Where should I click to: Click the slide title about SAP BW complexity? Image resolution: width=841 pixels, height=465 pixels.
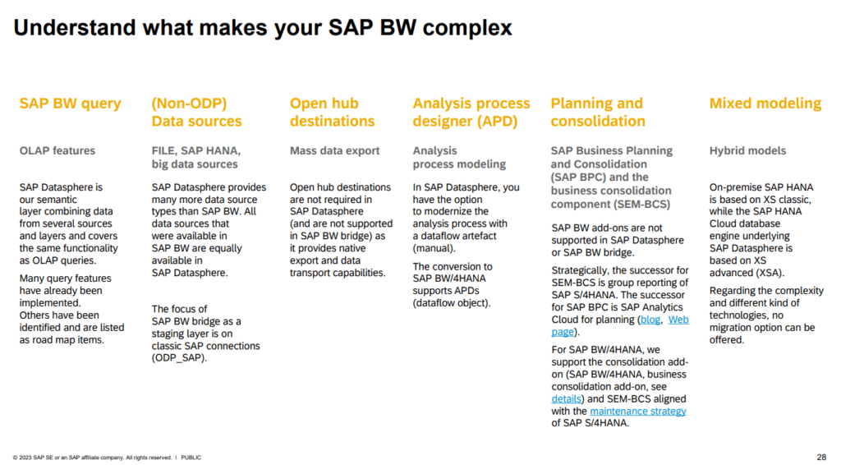pos(263,29)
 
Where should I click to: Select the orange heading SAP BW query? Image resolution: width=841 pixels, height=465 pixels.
pos(70,104)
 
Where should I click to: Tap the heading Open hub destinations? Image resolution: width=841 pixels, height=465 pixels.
pos(333,113)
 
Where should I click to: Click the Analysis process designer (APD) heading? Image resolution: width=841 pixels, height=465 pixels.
pos(471,113)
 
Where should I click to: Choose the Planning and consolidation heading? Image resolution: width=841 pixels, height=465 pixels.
pos(597,113)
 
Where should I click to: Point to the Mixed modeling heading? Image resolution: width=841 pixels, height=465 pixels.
pos(765,104)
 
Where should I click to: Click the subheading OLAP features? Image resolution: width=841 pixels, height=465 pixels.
pos(57,151)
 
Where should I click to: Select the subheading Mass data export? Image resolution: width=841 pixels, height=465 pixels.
pos(334,151)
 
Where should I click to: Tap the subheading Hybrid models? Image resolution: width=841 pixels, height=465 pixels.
pos(747,151)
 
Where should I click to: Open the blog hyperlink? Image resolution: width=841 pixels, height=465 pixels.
pos(650,320)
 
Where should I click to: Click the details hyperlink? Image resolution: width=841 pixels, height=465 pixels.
pos(566,398)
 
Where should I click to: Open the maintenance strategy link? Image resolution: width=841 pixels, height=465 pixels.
pos(637,411)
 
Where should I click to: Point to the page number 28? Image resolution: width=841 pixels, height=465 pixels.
pos(821,457)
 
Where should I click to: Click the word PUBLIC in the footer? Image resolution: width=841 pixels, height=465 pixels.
pos(191,458)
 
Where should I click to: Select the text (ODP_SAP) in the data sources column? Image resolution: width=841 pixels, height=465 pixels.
pos(179,358)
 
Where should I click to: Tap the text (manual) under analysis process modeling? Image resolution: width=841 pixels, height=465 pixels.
pos(434,247)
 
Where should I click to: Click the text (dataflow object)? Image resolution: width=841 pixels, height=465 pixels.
pos(451,303)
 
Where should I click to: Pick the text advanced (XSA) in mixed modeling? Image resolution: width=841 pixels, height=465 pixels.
pos(746,273)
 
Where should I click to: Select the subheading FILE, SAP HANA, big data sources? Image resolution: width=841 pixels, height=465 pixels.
pos(195,158)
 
